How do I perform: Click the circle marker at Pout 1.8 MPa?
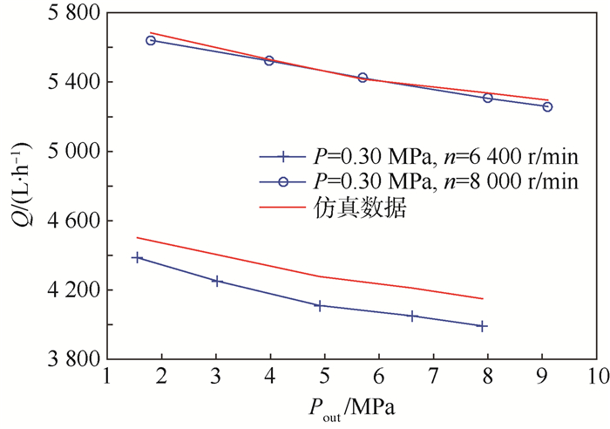(151, 40)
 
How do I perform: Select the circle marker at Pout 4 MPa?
(269, 60)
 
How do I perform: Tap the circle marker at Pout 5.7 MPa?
(363, 78)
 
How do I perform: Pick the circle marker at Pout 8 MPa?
(488, 98)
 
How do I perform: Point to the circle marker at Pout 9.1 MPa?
(547, 106)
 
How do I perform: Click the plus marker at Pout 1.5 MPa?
(137, 257)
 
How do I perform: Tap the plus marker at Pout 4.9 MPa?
(320, 305)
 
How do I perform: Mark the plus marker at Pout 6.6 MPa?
(412, 316)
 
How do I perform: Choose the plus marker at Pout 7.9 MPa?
(482, 325)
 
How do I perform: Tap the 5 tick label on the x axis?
(324, 377)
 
